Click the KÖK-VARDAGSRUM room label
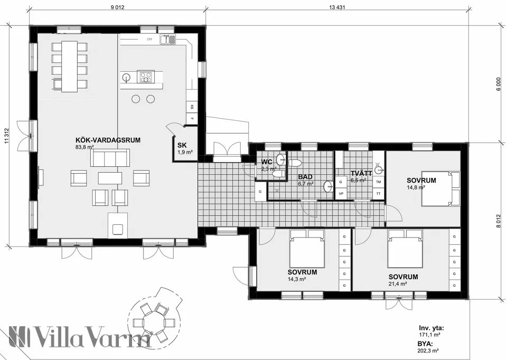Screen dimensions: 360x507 (108, 140)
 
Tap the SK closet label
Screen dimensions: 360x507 (182, 145)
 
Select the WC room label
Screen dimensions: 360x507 (266, 162)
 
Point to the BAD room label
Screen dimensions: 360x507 (305, 177)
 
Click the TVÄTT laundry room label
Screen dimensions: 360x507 (361, 173)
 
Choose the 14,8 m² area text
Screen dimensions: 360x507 (414, 187)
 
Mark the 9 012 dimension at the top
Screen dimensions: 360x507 (117, 7)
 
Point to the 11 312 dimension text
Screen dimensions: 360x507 (7, 136)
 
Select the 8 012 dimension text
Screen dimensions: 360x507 (497, 222)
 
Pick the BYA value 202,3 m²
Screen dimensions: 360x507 (429, 350)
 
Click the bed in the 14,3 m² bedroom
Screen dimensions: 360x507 (306, 251)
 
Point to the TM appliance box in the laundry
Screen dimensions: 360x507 (378, 182)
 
